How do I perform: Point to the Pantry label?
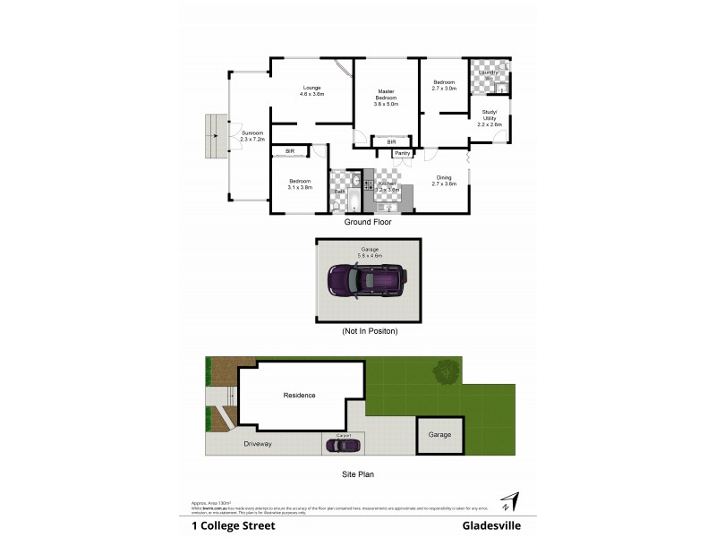402,153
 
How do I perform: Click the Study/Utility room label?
489,117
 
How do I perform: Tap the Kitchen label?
386,183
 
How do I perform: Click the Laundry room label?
488,72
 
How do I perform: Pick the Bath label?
340,192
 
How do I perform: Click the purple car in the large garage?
368,282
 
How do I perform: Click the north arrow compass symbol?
508,500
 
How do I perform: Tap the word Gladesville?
491,526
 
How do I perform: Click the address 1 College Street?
234,526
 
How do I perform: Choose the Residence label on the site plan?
300,395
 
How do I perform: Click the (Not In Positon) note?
370,331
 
